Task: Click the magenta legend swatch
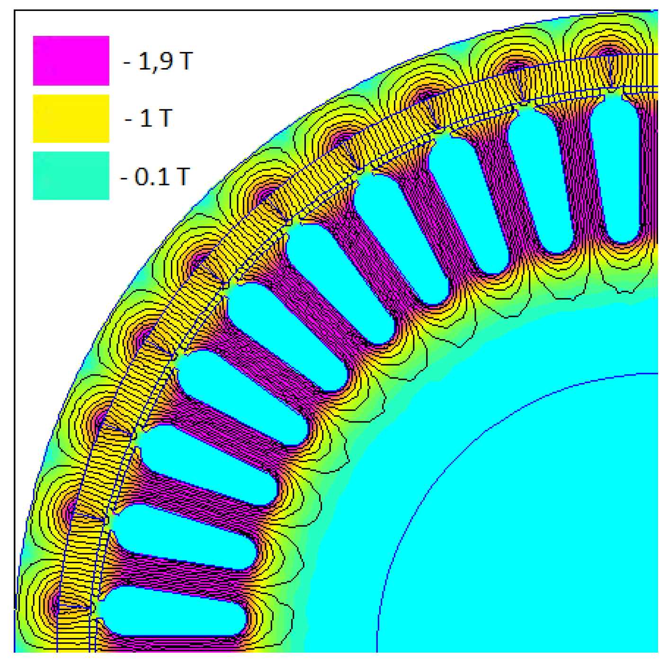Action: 71,61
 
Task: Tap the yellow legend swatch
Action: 71,118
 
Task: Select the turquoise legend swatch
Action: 71,175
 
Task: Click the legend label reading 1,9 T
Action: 158,61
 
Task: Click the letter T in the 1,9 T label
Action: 186,61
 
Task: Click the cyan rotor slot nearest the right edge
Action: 615,170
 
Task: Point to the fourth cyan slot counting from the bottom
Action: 241,397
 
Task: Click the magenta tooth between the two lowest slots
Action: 175,575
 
